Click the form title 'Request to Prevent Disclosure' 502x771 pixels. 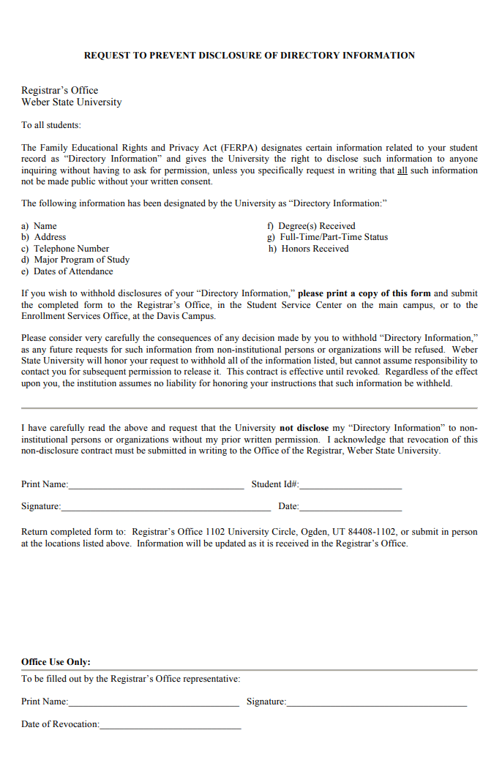click(x=250, y=56)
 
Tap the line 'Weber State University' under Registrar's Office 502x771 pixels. click(x=72, y=102)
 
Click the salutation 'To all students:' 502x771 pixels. click(x=51, y=125)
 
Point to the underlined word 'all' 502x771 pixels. click(x=402, y=170)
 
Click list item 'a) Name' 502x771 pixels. click(x=40, y=226)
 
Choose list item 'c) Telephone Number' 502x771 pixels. click(x=65, y=249)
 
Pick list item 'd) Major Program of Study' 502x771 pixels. click(x=75, y=260)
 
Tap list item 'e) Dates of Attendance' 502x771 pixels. click(x=67, y=271)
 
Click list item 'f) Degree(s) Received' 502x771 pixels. click(x=311, y=226)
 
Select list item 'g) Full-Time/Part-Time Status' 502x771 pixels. click(x=327, y=237)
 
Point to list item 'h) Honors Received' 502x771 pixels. click(x=308, y=249)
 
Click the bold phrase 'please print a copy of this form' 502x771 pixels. click(x=364, y=294)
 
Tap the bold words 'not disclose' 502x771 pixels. click(x=304, y=428)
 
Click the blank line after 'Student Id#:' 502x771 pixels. click(x=351, y=486)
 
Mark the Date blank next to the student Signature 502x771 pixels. click(x=351, y=508)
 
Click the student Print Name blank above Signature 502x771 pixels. click(x=156, y=486)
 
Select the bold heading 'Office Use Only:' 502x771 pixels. click(x=56, y=662)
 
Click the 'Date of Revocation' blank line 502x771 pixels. click(x=170, y=726)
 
